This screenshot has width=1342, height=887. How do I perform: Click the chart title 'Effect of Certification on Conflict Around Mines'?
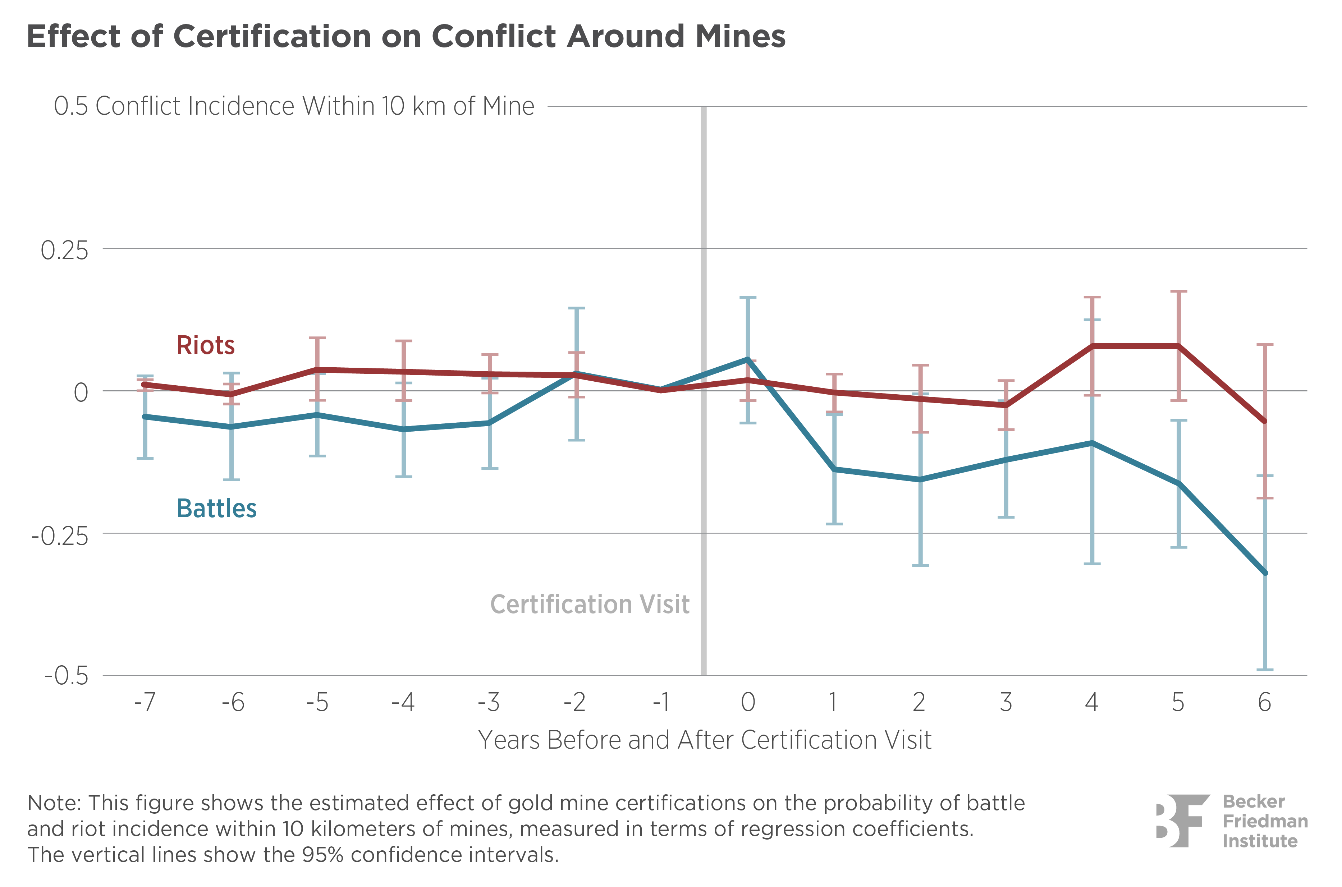(x=406, y=37)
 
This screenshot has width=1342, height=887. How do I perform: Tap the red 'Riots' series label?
(x=205, y=345)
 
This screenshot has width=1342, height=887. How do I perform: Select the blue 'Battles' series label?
(x=217, y=509)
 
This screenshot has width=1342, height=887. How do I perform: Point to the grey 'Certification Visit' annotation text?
(x=590, y=604)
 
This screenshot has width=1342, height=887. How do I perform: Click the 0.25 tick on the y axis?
(x=64, y=251)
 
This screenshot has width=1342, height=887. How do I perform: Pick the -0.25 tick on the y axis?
(x=60, y=535)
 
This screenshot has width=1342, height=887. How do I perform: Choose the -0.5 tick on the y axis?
(x=67, y=676)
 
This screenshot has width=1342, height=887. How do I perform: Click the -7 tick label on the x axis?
(x=145, y=703)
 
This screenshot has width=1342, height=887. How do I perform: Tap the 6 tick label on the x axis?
(x=1264, y=703)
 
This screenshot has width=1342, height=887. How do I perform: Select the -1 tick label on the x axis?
(x=660, y=703)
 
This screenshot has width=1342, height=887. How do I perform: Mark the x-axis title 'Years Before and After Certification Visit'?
(x=704, y=740)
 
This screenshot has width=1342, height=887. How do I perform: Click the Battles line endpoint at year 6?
(x=1265, y=573)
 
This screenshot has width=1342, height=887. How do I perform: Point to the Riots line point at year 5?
(x=1178, y=346)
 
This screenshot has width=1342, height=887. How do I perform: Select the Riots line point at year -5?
(x=317, y=369)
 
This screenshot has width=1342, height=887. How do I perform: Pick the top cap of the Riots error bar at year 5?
(x=1178, y=291)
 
